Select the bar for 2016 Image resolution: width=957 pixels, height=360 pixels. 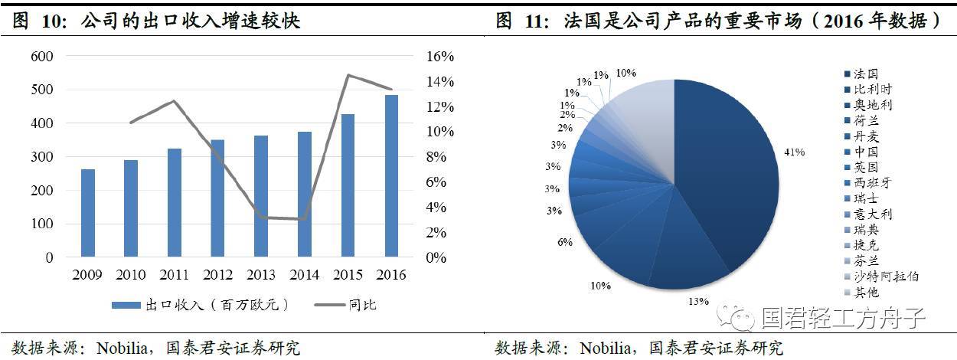tap(391, 175)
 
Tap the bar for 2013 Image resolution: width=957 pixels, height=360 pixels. tap(261, 196)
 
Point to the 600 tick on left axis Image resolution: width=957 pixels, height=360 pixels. tap(43, 56)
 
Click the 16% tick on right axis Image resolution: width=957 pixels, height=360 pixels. tap(439, 56)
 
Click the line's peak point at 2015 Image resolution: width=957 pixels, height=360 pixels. tap(348, 75)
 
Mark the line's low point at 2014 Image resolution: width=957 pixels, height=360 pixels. tap(304, 219)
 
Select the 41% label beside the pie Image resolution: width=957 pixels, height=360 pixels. tap(793, 152)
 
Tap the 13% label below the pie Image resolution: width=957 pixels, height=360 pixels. tap(697, 301)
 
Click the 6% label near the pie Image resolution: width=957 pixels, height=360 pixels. tap(565, 242)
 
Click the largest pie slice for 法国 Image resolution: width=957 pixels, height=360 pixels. tap(727, 176)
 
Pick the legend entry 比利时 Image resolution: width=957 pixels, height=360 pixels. tap(873, 90)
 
